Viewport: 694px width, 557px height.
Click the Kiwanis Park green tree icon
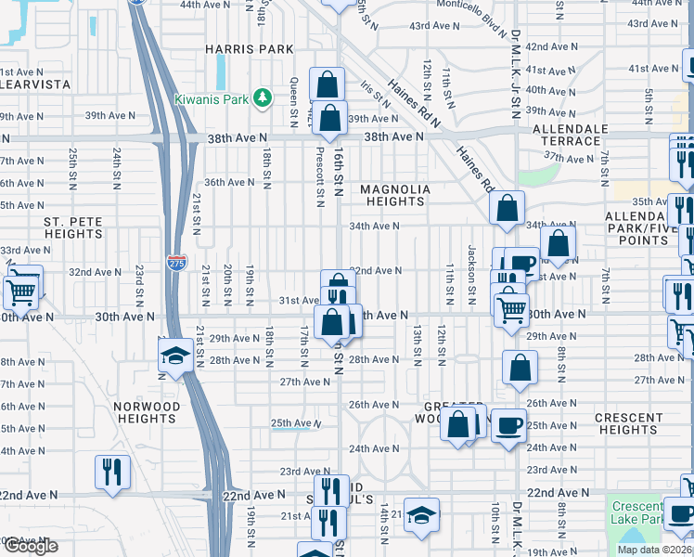coord(263,97)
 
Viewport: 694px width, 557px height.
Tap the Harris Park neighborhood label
coord(250,49)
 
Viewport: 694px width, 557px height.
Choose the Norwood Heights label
coord(147,412)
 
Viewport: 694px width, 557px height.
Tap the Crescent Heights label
coord(628,423)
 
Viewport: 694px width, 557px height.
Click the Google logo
coord(31,546)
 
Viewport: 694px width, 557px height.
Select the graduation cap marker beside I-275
coord(174,356)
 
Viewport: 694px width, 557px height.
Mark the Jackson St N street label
coord(472,269)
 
